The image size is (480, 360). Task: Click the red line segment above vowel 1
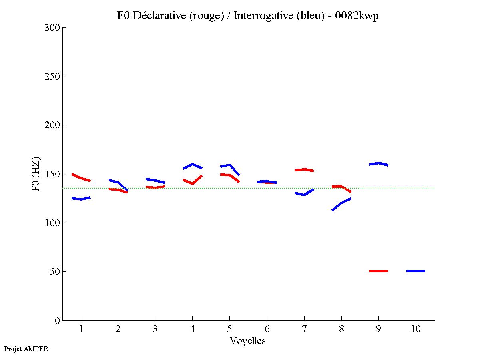pyautogui.click(x=81, y=178)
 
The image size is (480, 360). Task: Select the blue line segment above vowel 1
pyautogui.click(x=81, y=199)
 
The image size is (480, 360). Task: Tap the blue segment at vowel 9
pyautogui.click(x=378, y=163)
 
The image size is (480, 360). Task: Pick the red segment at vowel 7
pyautogui.click(x=304, y=169)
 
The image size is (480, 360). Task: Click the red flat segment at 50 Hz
pyautogui.click(x=378, y=271)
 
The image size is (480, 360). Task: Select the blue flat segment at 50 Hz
pyautogui.click(x=416, y=271)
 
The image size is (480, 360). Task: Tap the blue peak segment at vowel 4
pyautogui.click(x=192, y=164)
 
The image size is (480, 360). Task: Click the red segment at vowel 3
pyautogui.click(x=155, y=187)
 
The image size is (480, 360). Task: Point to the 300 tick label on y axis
pyautogui.click(x=53, y=28)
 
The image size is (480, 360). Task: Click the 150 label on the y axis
pyautogui.click(x=53, y=174)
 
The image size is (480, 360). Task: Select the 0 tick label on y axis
pyautogui.click(x=58, y=320)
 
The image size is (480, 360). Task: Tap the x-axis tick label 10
pyautogui.click(x=416, y=329)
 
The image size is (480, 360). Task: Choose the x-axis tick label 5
pyautogui.click(x=229, y=329)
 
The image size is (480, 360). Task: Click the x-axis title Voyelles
pyautogui.click(x=248, y=341)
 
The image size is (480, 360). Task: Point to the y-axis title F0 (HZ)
pyautogui.click(x=36, y=174)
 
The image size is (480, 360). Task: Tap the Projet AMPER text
pyautogui.click(x=26, y=349)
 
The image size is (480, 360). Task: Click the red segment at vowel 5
pyautogui.click(x=229, y=175)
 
